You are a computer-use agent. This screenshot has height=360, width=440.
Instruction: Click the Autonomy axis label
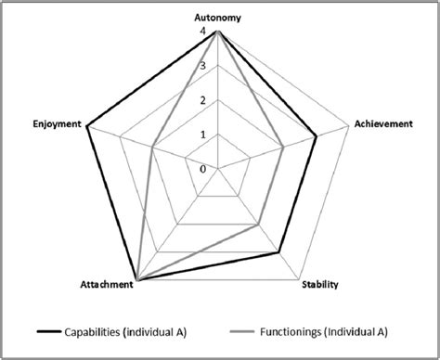(217, 18)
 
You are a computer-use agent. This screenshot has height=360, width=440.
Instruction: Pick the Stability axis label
(319, 284)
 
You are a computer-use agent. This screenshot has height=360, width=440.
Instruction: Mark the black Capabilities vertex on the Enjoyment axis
(86, 126)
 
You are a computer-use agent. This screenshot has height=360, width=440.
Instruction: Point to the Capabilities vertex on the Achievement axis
(316, 137)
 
